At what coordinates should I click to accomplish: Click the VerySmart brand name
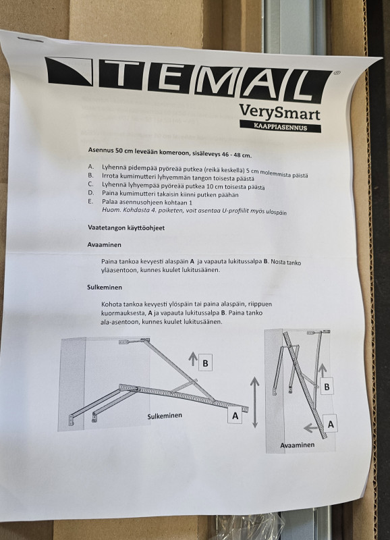pyautogui.click(x=279, y=112)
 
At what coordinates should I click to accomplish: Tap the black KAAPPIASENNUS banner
pyautogui.click(x=280, y=126)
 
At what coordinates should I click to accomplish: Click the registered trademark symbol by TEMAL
pyautogui.click(x=337, y=73)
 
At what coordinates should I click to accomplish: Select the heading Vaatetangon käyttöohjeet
pyautogui.click(x=126, y=227)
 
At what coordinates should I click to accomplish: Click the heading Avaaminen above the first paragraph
pyautogui.click(x=104, y=244)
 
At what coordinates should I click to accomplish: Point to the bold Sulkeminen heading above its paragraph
pyautogui.click(x=105, y=288)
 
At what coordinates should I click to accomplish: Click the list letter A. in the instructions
pyautogui.click(x=90, y=167)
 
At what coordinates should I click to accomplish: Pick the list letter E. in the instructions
pyautogui.click(x=90, y=201)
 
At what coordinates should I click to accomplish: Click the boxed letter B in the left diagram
pyautogui.click(x=205, y=363)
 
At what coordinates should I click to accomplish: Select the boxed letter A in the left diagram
pyautogui.click(x=235, y=416)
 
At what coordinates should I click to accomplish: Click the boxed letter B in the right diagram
pyautogui.click(x=327, y=387)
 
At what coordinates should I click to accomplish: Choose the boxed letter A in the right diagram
pyautogui.click(x=331, y=425)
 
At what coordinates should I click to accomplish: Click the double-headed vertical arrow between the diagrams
pyautogui.click(x=255, y=402)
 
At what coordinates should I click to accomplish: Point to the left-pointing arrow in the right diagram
pyautogui.click(x=311, y=428)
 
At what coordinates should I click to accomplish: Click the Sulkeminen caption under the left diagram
pyautogui.click(x=165, y=416)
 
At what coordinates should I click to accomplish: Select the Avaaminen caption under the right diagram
pyautogui.click(x=297, y=445)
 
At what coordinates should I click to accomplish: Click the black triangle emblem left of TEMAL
pyautogui.click(x=68, y=72)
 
